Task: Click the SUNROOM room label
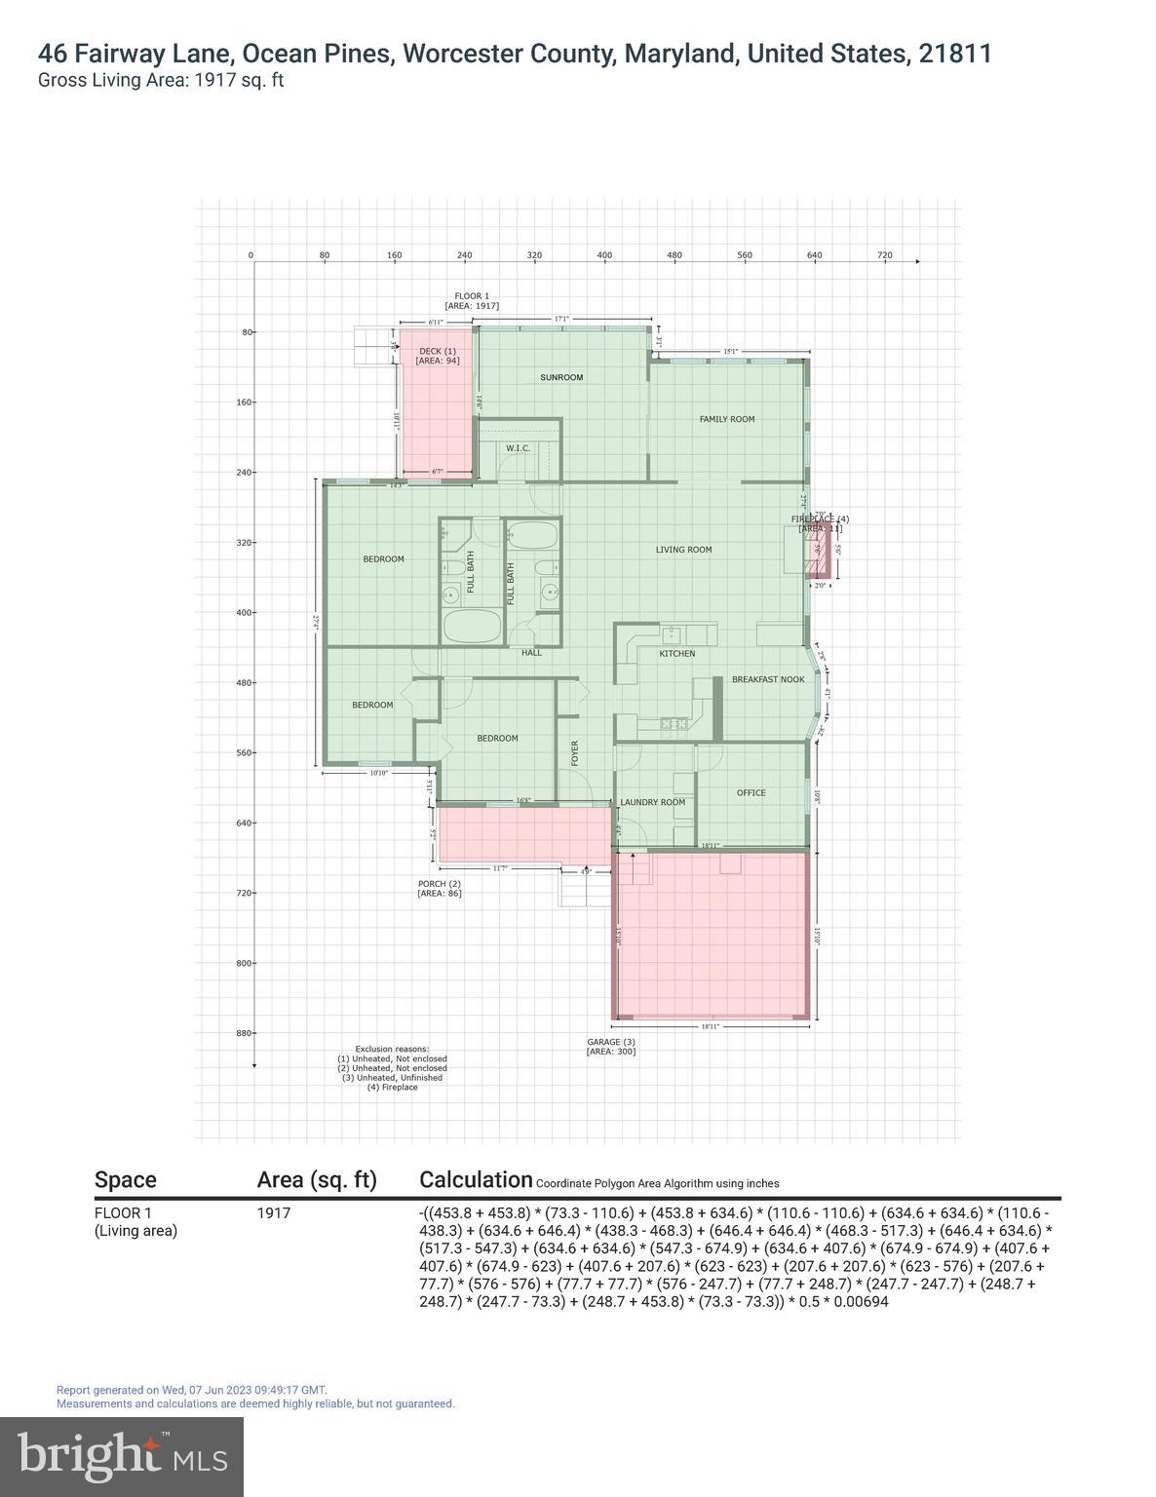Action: click(x=561, y=377)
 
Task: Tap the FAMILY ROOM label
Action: click(x=727, y=419)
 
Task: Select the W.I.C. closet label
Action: click(x=518, y=448)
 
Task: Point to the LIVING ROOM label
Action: click(x=683, y=550)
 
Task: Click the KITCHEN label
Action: click(x=677, y=654)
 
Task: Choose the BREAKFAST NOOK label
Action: click(x=768, y=679)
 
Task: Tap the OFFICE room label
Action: click(x=751, y=793)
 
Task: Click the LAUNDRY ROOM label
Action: click(x=652, y=803)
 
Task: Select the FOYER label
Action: click(x=575, y=752)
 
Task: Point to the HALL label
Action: click(x=531, y=653)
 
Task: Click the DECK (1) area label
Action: click(x=438, y=351)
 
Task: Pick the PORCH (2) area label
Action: click(x=440, y=884)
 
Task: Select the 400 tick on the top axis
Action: click(x=604, y=255)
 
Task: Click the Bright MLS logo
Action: click(x=122, y=1456)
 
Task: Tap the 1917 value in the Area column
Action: click(x=274, y=1213)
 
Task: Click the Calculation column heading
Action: click(x=476, y=1179)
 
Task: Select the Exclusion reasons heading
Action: click(x=392, y=1050)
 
